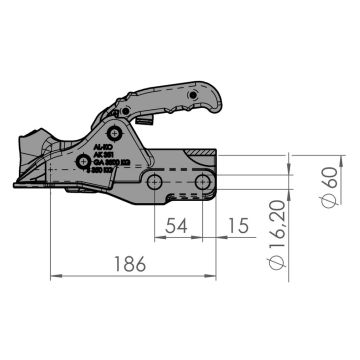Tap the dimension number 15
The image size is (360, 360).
[x=237, y=227]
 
